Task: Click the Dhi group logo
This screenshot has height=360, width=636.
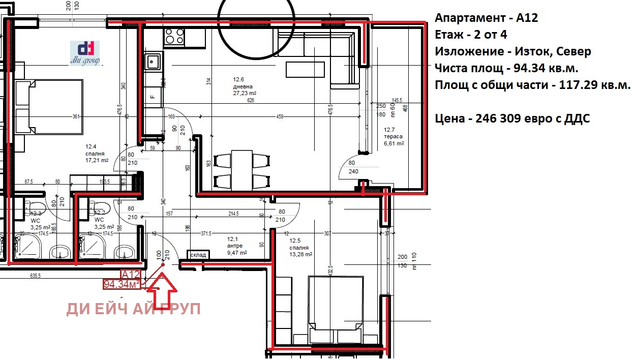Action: coord(85,52)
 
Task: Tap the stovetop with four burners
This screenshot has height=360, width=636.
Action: coord(174,37)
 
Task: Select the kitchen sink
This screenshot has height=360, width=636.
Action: coord(153,62)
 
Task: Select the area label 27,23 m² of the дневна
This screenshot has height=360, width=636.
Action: coord(244,94)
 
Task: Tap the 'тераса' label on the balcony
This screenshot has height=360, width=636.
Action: coord(392,137)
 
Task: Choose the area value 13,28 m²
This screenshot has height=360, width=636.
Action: coord(300,254)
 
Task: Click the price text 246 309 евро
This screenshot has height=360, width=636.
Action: coord(512,118)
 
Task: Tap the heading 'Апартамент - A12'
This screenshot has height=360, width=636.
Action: coord(486,18)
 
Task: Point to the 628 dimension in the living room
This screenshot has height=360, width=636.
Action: coord(250,101)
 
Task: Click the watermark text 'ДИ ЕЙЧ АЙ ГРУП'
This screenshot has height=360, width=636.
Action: coord(133,309)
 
